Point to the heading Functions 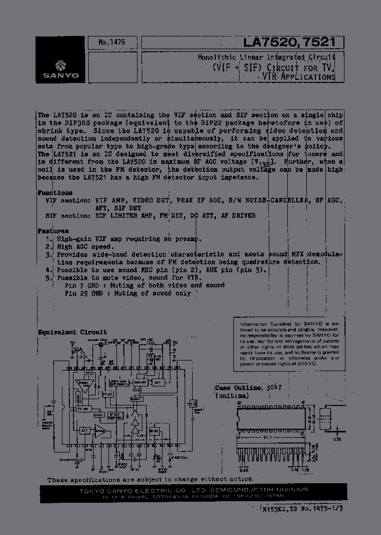(55, 193)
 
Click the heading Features (53, 231)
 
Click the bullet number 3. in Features (49, 254)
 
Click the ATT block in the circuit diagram (84, 431)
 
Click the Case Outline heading (238, 387)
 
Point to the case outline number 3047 (273, 387)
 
